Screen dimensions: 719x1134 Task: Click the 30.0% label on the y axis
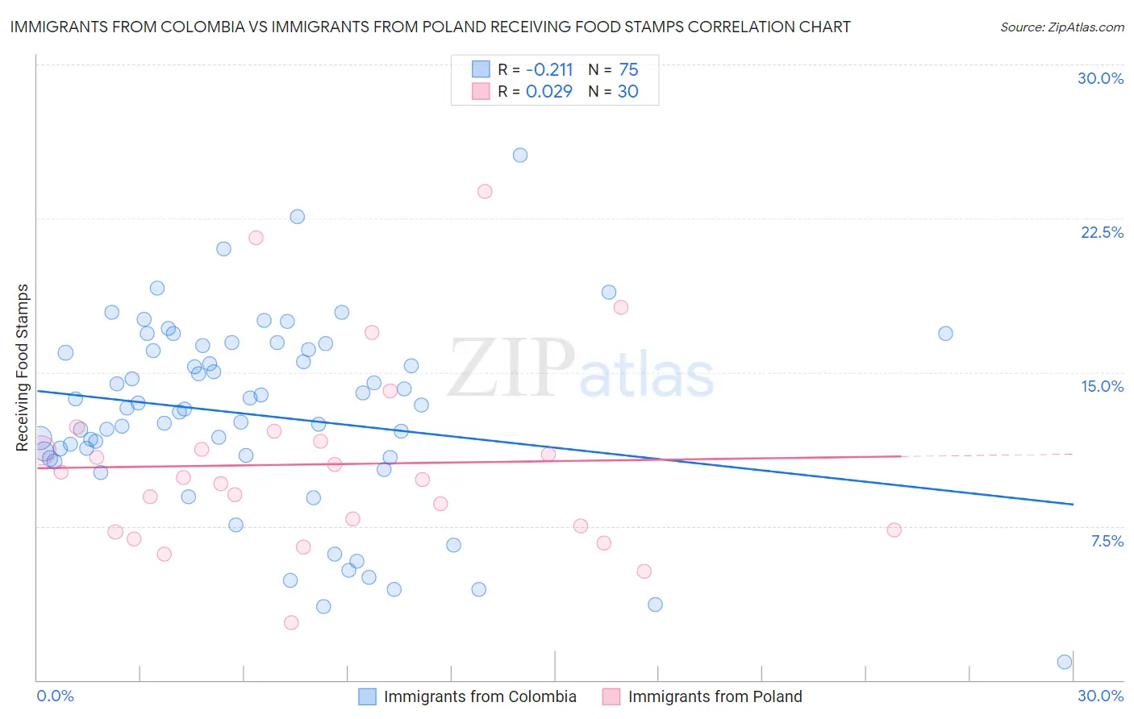point(1100,78)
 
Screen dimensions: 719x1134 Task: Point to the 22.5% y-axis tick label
point(1102,232)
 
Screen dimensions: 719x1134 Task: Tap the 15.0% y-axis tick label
point(1102,386)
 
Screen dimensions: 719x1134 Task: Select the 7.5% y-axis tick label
point(1107,541)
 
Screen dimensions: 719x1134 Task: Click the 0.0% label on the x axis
point(55,696)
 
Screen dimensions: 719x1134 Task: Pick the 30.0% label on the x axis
point(1100,696)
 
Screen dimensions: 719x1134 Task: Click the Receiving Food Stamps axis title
point(23,368)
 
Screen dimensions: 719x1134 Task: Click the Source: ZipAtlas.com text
point(1061,27)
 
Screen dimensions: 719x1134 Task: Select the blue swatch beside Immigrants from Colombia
point(367,696)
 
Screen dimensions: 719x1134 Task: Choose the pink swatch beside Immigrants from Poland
point(611,696)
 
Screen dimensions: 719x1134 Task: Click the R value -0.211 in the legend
point(549,69)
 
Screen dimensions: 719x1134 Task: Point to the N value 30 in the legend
point(627,91)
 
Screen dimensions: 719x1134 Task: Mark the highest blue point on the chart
point(520,155)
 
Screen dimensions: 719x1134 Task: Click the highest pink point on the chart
point(485,191)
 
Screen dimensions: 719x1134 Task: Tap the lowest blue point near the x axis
point(1065,662)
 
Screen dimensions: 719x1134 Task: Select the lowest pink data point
point(291,622)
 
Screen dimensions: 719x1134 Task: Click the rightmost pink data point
point(894,530)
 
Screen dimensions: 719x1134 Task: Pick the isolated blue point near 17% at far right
point(945,333)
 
